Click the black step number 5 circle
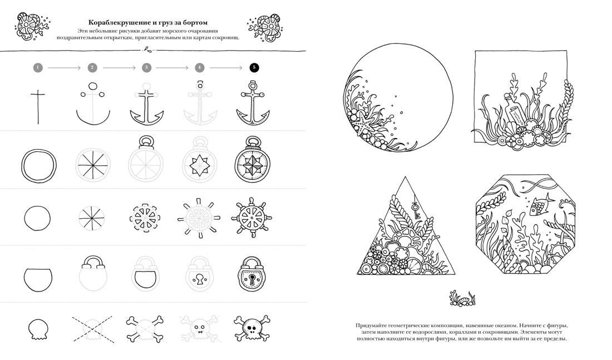pyautogui.click(x=254, y=67)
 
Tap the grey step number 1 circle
pyautogui.click(x=38, y=67)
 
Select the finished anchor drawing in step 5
pyautogui.click(x=253, y=103)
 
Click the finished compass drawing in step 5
pyautogui.click(x=253, y=159)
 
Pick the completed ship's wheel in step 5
pyautogui.click(x=251, y=218)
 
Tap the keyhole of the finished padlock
pyautogui.click(x=252, y=279)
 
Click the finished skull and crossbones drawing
pyautogui.click(x=251, y=328)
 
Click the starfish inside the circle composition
pyautogui.click(x=366, y=125)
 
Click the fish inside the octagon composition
pyautogui.click(x=541, y=205)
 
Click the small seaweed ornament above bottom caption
pyautogui.click(x=462, y=298)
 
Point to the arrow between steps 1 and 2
pyautogui.click(x=65, y=68)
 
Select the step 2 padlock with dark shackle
pyautogui.click(x=93, y=273)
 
